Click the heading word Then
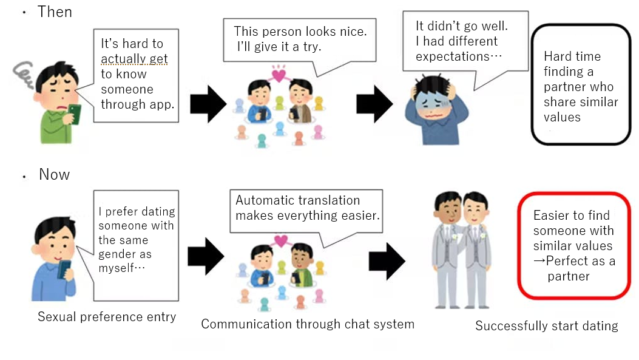[x=55, y=12]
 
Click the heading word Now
[x=54, y=175]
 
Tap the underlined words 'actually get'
[x=134, y=59]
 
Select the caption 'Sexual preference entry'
[x=107, y=317]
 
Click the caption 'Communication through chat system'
[x=308, y=324]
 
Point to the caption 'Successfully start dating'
[x=546, y=326]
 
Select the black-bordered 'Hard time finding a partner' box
[x=581, y=84]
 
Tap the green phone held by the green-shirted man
[x=74, y=114]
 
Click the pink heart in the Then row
[x=279, y=75]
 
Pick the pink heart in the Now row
[x=280, y=241]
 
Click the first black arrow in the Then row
[x=208, y=104]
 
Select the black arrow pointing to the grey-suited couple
[x=387, y=261]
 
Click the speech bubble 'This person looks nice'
[x=300, y=38]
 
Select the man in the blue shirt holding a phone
[x=53, y=261]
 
